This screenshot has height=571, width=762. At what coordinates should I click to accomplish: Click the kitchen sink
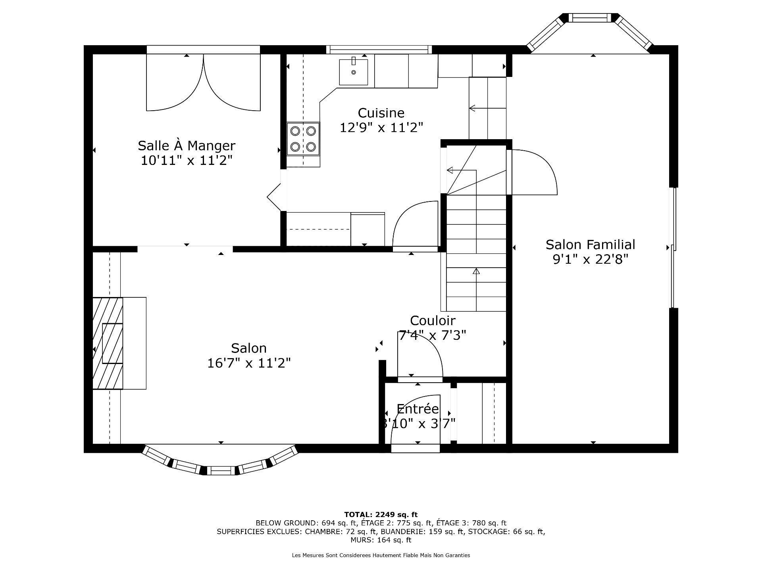[x=353, y=72]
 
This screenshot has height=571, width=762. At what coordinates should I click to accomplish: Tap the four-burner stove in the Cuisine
[x=303, y=139]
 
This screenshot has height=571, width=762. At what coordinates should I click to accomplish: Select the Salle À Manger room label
[x=187, y=146]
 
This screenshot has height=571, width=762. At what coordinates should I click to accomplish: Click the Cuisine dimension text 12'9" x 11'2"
[x=381, y=128]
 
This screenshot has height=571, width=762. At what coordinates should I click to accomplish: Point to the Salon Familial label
[x=590, y=244]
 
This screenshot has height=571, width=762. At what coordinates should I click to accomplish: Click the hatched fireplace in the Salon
[x=108, y=343]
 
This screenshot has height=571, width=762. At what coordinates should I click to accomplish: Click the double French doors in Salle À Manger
[x=203, y=83]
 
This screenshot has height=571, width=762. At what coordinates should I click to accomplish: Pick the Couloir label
[x=432, y=320]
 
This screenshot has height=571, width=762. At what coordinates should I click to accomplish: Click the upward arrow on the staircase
[x=476, y=272]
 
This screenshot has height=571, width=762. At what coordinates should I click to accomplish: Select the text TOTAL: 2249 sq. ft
[x=381, y=515]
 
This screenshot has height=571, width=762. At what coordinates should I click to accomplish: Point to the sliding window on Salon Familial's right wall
[x=673, y=248]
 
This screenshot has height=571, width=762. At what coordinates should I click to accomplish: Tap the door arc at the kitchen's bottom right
[x=415, y=224]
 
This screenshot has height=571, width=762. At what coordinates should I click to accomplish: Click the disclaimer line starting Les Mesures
[x=381, y=555]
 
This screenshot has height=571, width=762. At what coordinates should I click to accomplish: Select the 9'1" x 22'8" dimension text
[x=590, y=259]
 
